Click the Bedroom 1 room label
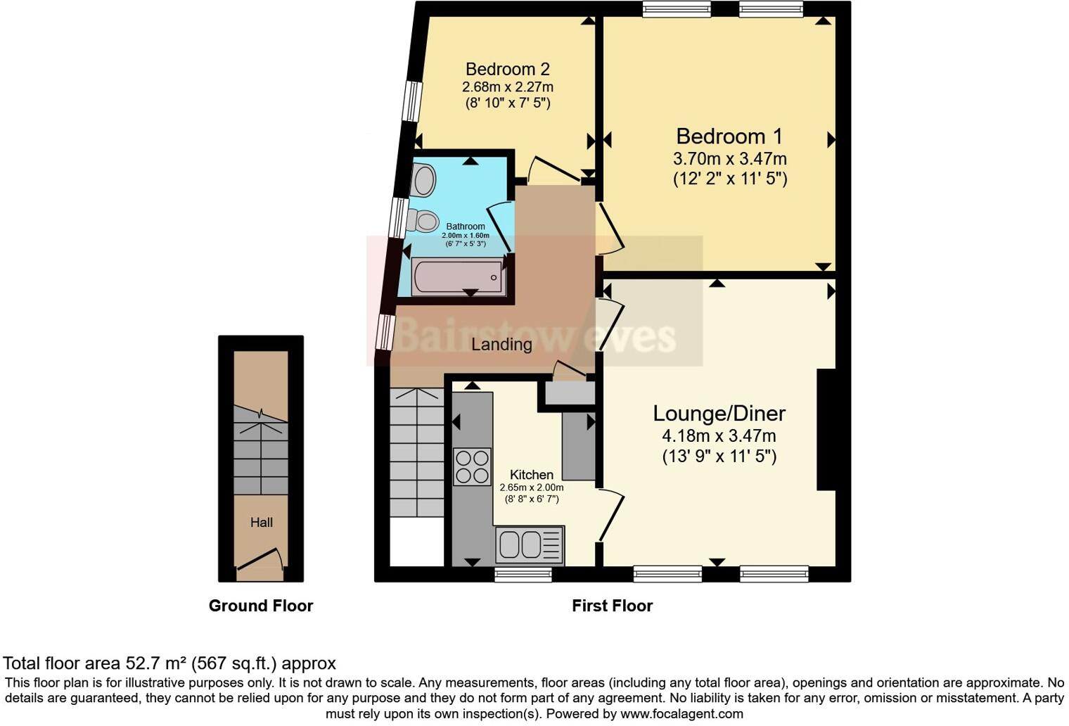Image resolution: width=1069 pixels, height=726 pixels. pyautogui.click(x=729, y=136)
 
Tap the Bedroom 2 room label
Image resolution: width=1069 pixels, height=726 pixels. pyautogui.click(x=507, y=69)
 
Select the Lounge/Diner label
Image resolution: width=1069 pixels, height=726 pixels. pyautogui.click(x=719, y=413)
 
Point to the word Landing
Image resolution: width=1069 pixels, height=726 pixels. pyautogui.click(x=501, y=345)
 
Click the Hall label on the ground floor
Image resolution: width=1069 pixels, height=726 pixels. pyautogui.click(x=261, y=523)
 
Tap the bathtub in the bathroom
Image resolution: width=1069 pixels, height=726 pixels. pyautogui.click(x=459, y=276)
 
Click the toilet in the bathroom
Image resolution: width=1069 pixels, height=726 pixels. pyautogui.click(x=423, y=221)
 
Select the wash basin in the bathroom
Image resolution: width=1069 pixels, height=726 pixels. pyautogui.click(x=423, y=180)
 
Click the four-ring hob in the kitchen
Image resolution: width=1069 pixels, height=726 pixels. pyautogui.click(x=472, y=467)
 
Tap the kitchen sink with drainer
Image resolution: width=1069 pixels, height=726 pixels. pyautogui.click(x=530, y=545)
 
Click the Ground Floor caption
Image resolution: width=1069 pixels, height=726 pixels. pyautogui.click(x=260, y=606)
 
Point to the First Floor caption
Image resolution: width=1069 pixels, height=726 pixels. pyautogui.click(x=612, y=606)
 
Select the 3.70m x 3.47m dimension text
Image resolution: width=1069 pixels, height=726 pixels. pyautogui.click(x=729, y=159)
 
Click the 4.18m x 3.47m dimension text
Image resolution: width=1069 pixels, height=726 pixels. pyautogui.click(x=719, y=436)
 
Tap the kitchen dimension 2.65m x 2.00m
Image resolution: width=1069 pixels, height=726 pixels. pyautogui.click(x=531, y=488)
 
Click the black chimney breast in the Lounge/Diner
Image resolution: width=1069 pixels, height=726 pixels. pyautogui.click(x=826, y=429)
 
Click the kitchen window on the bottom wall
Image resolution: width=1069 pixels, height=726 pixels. pyautogui.click(x=523, y=575)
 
